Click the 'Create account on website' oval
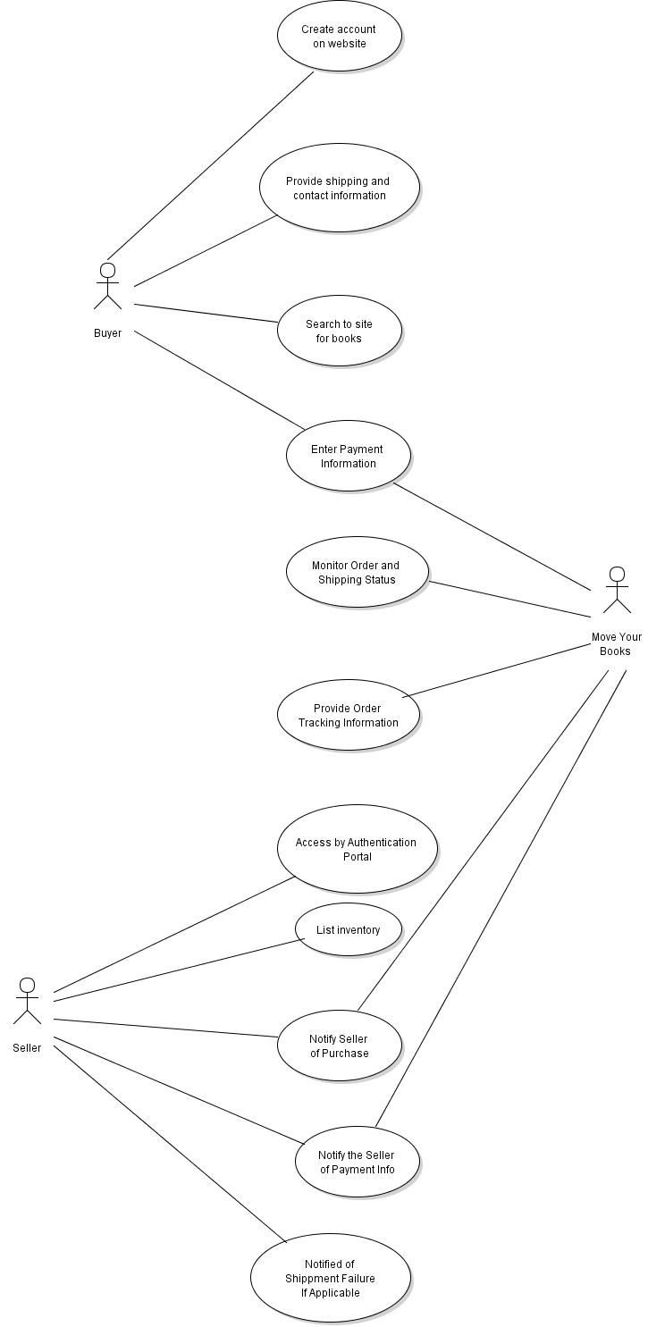click(x=339, y=36)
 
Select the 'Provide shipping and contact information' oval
click(x=339, y=188)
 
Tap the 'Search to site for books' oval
click(x=339, y=331)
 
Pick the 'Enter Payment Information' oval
click(x=348, y=456)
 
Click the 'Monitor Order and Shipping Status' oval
click(x=357, y=572)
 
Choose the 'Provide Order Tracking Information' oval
click(x=348, y=715)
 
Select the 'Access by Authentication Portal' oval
click(x=357, y=849)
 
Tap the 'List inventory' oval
click(x=348, y=929)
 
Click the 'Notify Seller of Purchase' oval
click(x=339, y=1046)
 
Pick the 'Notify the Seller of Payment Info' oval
click(x=357, y=1162)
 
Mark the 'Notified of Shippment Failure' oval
click(x=330, y=1278)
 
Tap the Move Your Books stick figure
click(x=617, y=590)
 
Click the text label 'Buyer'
click(x=107, y=333)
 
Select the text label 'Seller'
click(x=27, y=1048)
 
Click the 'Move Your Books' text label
click(x=616, y=644)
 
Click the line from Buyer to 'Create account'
click(x=210, y=165)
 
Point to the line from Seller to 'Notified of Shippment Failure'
click(x=170, y=1144)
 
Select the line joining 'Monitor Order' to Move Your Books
click(x=509, y=599)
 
